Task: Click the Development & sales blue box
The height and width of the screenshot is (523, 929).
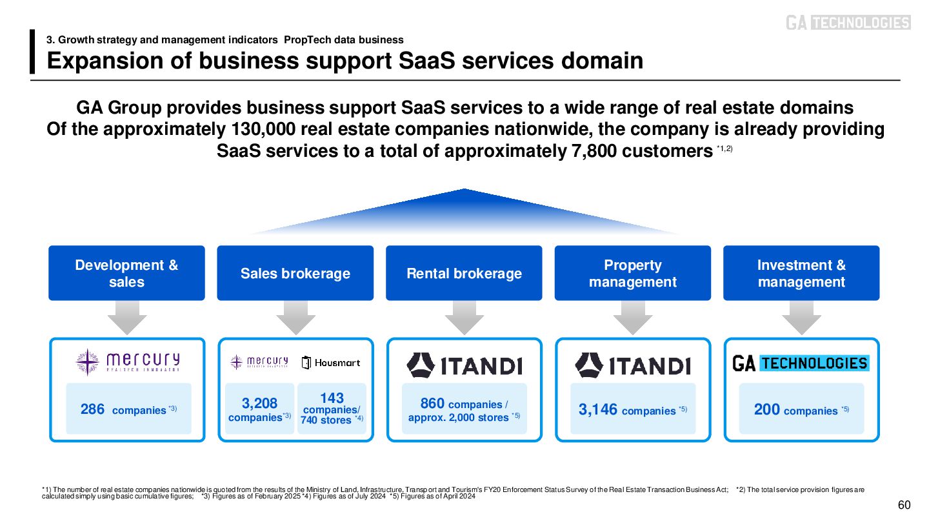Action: pos(126,273)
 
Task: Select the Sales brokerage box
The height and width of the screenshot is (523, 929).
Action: pos(295,273)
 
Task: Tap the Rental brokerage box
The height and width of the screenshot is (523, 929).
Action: pos(464,273)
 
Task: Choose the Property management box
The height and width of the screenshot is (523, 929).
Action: pos(632,273)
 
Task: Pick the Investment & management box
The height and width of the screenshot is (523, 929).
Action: pos(801,273)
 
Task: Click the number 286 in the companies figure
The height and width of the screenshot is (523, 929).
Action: pos(92,409)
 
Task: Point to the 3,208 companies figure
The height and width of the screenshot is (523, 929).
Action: pos(260,409)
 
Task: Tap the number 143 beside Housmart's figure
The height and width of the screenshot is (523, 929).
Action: pos(332,398)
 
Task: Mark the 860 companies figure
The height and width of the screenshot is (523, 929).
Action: pos(432,404)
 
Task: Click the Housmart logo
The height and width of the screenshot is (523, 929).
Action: pos(331,363)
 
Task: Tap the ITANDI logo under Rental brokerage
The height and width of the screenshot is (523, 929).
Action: pos(464,365)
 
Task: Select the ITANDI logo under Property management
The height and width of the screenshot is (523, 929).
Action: pos(632,365)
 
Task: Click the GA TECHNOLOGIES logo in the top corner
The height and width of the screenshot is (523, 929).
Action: pos(848,23)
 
